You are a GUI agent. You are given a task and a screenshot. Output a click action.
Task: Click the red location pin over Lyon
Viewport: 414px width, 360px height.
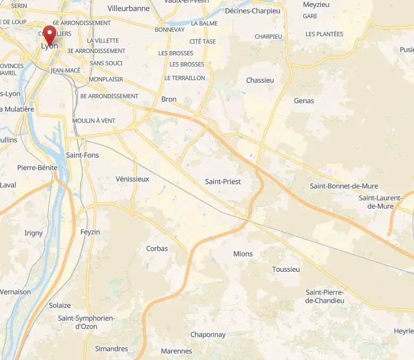point(50,35)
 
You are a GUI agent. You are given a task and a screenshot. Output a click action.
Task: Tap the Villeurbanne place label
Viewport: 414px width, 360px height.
point(128,8)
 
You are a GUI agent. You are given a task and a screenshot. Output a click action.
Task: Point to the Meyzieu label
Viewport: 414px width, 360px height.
point(316,4)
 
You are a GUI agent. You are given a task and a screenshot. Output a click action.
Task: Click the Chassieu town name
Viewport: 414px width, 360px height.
point(260,80)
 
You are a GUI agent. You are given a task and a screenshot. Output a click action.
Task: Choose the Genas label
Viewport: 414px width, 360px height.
point(304,100)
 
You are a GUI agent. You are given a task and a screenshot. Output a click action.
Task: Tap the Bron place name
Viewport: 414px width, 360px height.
point(169,99)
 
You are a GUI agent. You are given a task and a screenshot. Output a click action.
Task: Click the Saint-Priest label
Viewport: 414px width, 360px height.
point(223,182)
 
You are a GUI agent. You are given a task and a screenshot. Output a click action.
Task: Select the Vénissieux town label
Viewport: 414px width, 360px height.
point(132,179)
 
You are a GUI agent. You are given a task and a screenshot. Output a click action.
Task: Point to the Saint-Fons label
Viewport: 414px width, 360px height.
point(82,155)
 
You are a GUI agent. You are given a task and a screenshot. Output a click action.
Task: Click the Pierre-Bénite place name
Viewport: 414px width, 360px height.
point(37,167)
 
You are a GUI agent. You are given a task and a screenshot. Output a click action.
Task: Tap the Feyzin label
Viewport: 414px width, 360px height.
point(90,232)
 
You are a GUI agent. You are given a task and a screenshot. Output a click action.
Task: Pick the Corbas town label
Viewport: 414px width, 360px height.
point(157,248)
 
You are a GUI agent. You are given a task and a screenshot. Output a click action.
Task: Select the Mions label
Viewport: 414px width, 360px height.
point(243,254)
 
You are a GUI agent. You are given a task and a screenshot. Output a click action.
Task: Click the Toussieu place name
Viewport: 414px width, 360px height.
point(286,269)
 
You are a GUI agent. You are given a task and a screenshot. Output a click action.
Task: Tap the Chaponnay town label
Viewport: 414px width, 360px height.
point(208,335)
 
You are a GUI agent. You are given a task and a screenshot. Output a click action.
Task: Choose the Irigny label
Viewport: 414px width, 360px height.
point(33,233)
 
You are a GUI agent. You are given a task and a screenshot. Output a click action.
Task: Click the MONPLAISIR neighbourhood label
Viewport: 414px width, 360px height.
point(106,79)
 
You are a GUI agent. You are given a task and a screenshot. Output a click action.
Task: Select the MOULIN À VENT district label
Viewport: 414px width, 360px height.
point(93,121)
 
